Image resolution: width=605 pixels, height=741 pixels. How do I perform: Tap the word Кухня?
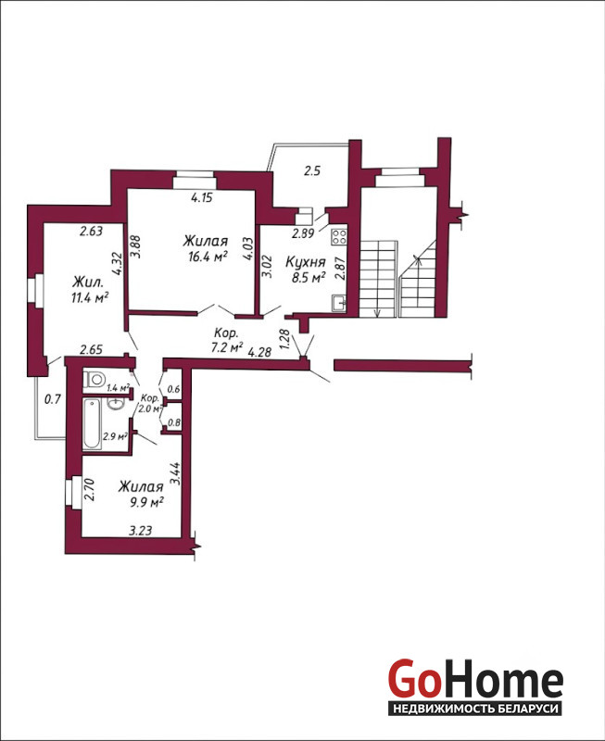(x=306, y=262)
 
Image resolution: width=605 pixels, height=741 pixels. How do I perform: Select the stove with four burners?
(x=339, y=235)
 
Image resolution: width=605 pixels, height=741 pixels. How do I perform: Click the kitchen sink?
(x=338, y=303)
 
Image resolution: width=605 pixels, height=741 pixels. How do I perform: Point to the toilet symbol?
(x=95, y=379)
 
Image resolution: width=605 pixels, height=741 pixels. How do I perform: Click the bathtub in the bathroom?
(x=92, y=423)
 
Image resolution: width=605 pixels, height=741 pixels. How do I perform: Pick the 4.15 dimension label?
(x=202, y=197)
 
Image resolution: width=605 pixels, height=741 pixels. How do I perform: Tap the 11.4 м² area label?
(x=90, y=297)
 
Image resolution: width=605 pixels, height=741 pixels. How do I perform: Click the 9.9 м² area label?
(x=147, y=502)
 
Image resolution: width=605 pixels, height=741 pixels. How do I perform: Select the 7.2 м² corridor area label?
(x=227, y=348)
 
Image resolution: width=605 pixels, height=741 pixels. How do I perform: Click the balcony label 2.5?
(x=312, y=170)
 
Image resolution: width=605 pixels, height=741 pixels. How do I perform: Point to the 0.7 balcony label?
(x=53, y=399)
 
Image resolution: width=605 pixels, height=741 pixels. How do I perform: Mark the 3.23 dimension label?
(x=141, y=531)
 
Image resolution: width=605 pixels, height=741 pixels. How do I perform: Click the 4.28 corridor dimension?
(x=259, y=352)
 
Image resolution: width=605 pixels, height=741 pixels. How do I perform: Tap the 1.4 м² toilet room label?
(x=119, y=388)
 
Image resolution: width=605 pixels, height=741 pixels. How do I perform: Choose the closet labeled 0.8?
(x=174, y=422)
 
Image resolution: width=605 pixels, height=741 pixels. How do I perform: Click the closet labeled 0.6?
(x=174, y=389)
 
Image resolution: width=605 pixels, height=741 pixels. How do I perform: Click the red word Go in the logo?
(x=413, y=678)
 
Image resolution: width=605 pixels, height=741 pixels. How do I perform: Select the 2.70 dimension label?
(x=89, y=490)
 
